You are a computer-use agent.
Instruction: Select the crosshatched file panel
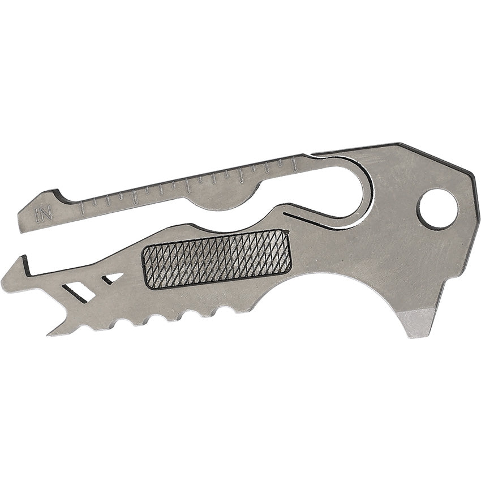[x=216, y=259]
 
